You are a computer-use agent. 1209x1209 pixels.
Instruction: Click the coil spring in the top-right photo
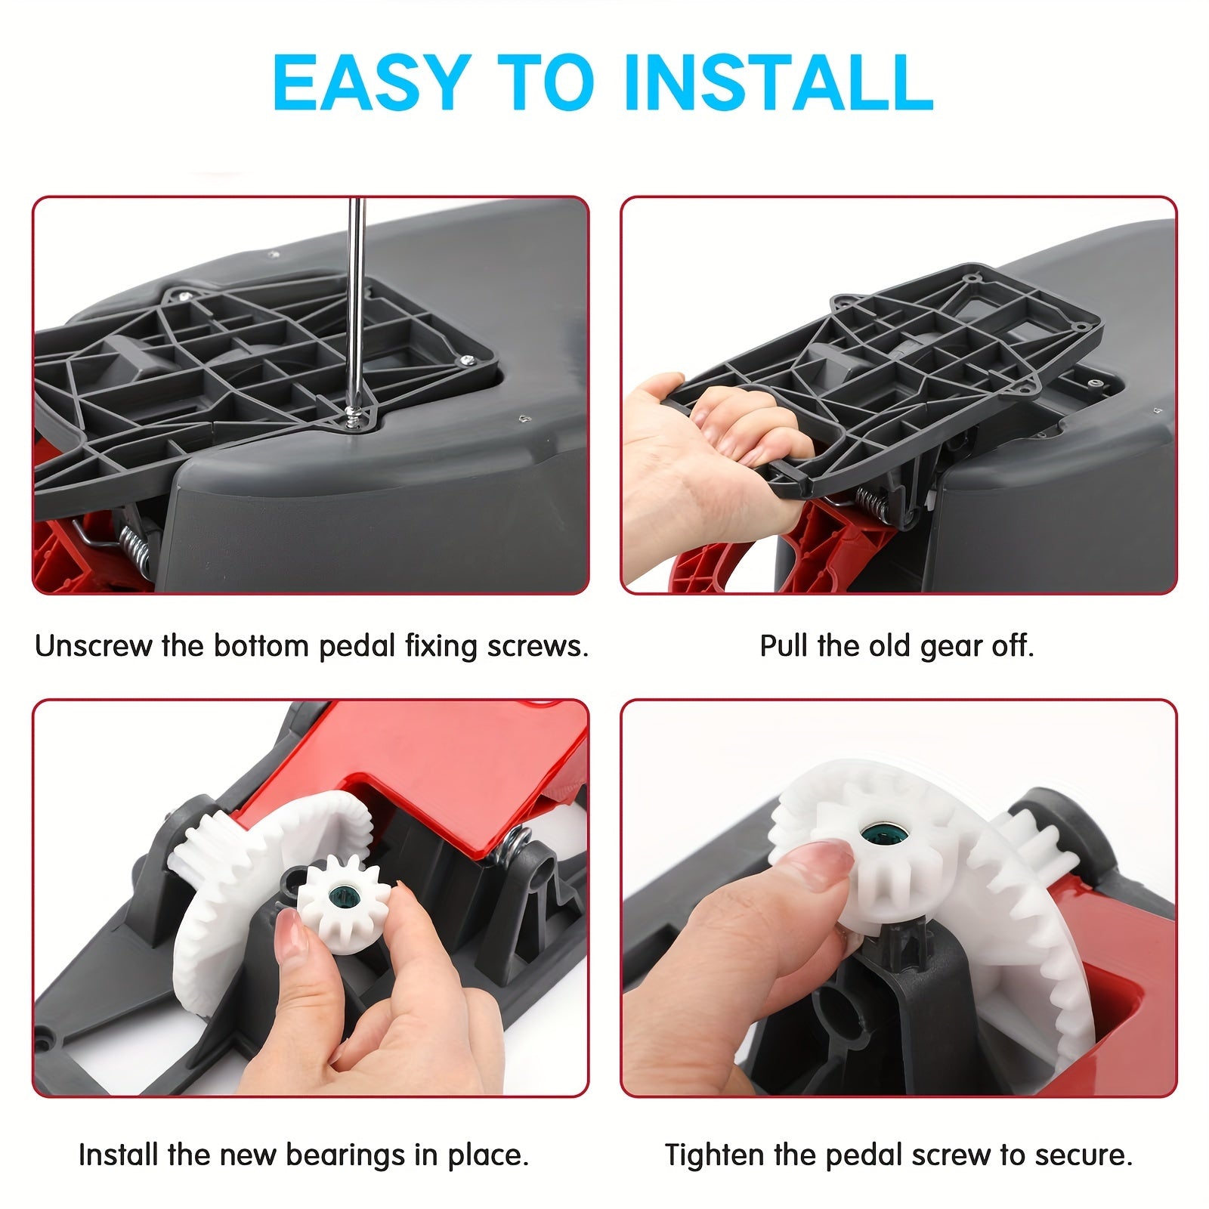(869, 501)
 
